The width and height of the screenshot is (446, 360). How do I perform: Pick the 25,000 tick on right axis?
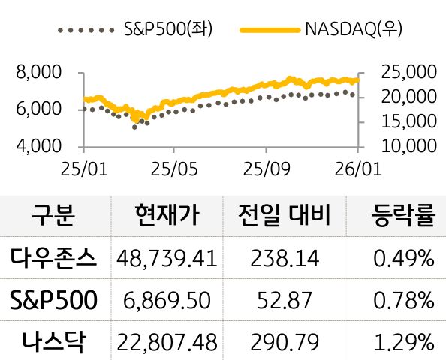409,73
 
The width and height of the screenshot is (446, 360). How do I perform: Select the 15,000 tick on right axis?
409,121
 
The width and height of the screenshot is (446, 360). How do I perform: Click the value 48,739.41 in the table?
167,259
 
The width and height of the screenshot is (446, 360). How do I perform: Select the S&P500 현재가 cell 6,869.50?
167,301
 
